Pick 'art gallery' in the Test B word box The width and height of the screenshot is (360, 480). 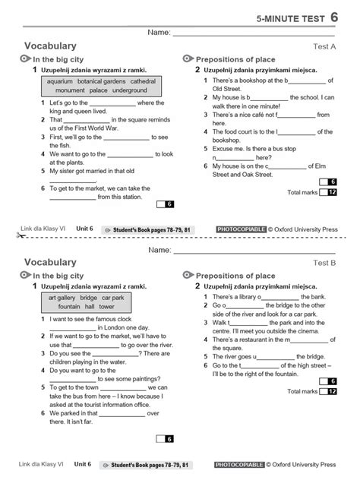coord(63,298)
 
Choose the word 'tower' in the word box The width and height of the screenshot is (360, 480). coord(106,307)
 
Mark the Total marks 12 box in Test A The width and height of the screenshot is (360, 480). coord(328,193)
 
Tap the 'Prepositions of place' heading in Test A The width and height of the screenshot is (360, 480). coord(235,59)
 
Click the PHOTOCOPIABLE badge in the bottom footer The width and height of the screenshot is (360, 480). coord(239,463)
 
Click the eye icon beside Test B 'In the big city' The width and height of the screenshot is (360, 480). coord(26,275)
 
